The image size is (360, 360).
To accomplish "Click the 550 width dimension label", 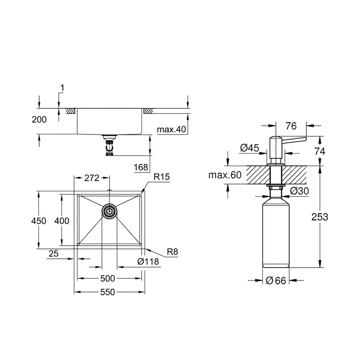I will [x=108, y=292].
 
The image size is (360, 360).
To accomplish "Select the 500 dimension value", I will [x=108, y=278].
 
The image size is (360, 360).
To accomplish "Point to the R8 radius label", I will [x=172, y=252].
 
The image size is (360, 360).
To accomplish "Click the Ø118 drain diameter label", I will [x=148, y=262].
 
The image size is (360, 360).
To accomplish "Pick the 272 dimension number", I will [x=92, y=178].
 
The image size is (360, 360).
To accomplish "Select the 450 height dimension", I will [x=40, y=221].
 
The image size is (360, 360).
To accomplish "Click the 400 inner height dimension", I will [x=62, y=221].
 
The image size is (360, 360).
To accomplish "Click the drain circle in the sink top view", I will [x=109, y=210].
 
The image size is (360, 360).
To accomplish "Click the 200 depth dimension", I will [x=39, y=119].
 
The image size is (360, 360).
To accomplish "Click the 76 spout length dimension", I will [x=291, y=126].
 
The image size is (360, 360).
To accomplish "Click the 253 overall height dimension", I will [x=320, y=217].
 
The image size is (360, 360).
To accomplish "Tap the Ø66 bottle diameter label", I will [x=276, y=281].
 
